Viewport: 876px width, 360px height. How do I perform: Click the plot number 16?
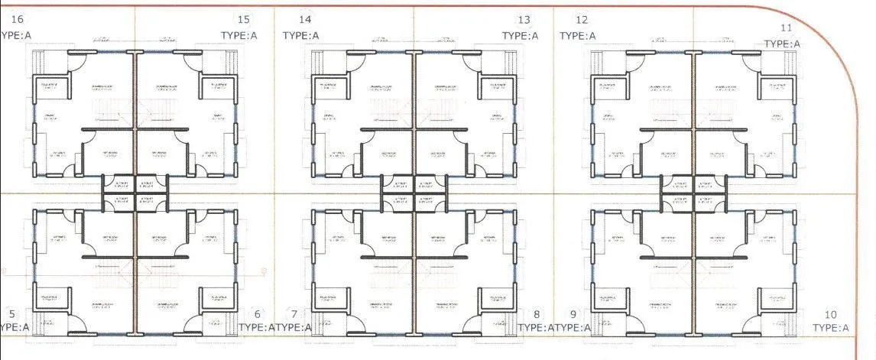click(18, 18)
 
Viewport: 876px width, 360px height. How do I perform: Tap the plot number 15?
click(244, 19)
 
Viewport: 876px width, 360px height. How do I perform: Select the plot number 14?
click(305, 19)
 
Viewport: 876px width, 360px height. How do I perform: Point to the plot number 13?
click(524, 20)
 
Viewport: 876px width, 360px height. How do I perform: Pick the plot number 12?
click(582, 20)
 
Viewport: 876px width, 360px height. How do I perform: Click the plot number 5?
click(11, 313)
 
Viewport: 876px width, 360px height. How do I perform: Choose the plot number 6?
click(257, 313)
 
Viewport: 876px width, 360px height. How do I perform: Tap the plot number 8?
click(537, 314)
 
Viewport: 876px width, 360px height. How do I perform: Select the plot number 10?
click(831, 314)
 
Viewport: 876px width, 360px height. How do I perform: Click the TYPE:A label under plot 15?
click(239, 35)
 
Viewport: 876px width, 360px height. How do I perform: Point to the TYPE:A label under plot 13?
click(520, 35)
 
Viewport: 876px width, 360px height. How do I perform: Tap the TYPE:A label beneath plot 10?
click(831, 328)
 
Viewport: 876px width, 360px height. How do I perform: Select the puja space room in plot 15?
click(217, 86)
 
